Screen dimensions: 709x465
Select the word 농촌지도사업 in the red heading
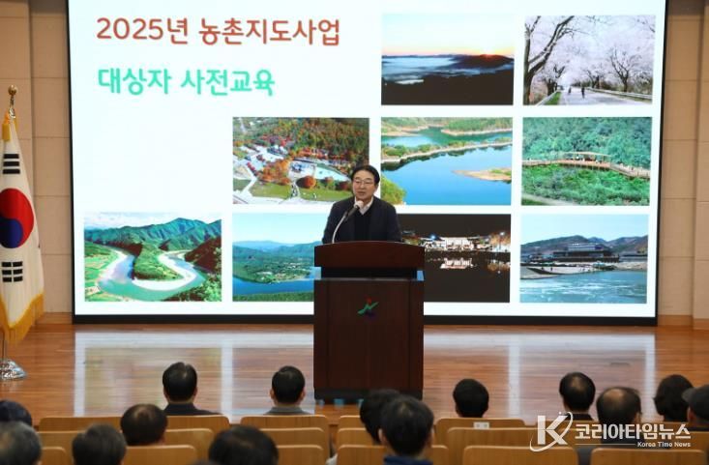click(x=269, y=31)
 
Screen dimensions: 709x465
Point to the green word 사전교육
click(x=228, y=82)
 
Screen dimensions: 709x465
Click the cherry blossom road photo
click(x=589, y=60)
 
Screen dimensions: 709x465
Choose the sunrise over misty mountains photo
click(x=448, y=59)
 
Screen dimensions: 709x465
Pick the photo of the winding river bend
click(x=153, y=257)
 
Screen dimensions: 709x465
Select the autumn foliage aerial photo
click(x=301, y=160)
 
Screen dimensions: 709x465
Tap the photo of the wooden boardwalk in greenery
click(x=586, y=161)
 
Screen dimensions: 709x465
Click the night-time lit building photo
click(x=457, y=258)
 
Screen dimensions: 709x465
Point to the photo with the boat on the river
click(x=584, y=258)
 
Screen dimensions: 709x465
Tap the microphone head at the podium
click(x=358, y=205)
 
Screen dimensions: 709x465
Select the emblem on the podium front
click(x=369, y=307)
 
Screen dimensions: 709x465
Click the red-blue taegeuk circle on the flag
click(x=15, y=218)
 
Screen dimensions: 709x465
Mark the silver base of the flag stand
click(x=10, y=369)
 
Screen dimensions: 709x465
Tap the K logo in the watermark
click(x=550, y=431)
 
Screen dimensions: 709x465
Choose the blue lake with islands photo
click(x=447, y=161)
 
